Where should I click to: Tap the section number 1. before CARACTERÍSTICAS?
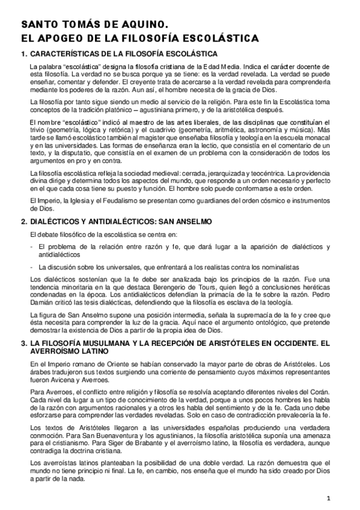(x=24, y=54)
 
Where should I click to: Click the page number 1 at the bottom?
(x=329, y=498)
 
